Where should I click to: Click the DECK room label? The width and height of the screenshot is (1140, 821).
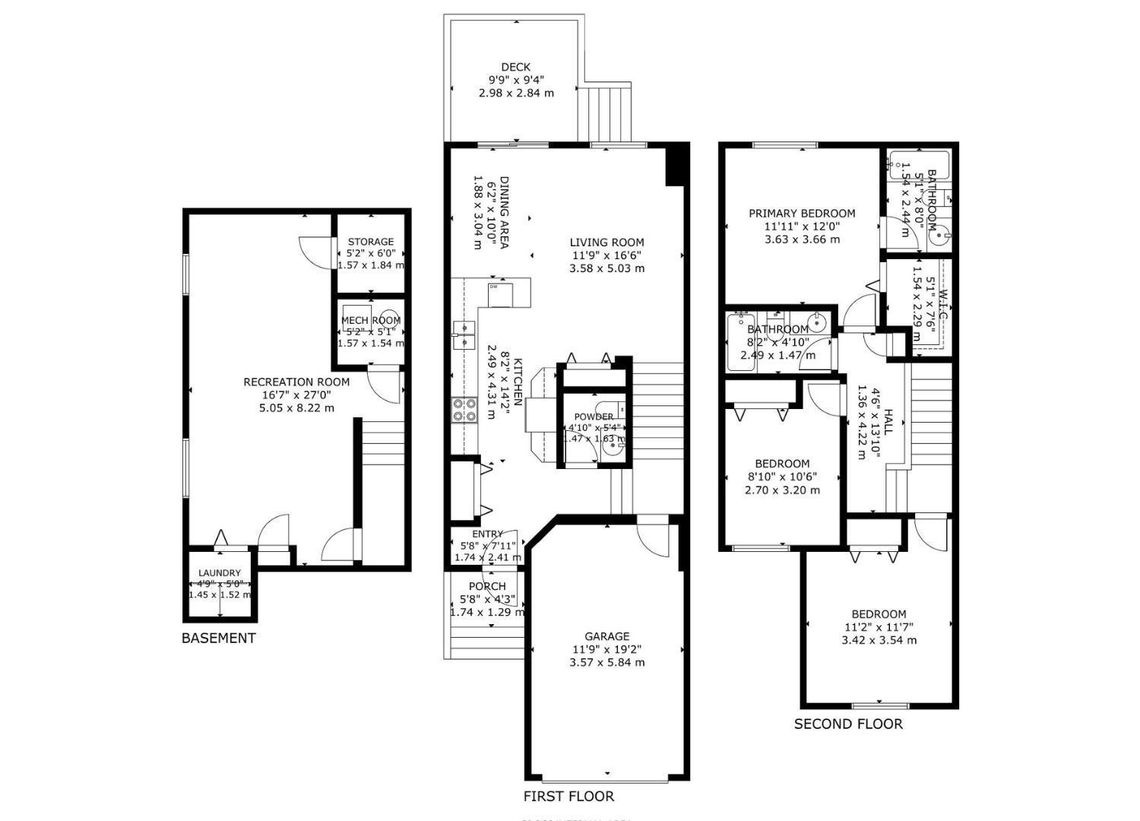(x=515, y=67)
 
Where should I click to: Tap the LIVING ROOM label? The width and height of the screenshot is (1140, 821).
(x=606, y=242)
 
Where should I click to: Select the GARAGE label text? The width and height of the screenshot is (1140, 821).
(x=606, y=636)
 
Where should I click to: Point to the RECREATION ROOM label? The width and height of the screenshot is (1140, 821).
(x=296, y=382)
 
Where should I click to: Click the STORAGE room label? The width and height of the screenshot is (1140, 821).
(x=371, y=242)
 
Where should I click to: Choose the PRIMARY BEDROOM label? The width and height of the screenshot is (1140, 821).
(x=802, y=214)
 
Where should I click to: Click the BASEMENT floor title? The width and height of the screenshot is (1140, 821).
(x=218, y=638)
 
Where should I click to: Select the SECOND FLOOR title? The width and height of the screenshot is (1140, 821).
(x=848, y=724)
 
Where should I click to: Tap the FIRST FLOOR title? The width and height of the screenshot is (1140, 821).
(x=568, y=796)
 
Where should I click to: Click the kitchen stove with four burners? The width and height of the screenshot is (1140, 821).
(x=464, y=410)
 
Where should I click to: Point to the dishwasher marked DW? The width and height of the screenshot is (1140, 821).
(x=500, y=293)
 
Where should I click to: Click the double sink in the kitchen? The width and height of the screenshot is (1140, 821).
(x=464, y=335)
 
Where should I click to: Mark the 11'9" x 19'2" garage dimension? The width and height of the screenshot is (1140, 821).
(x=606, y=649)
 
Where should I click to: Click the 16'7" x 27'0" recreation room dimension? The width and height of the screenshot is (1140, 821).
(x=296, y=395)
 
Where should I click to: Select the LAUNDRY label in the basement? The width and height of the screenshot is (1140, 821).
(x=220, y=572)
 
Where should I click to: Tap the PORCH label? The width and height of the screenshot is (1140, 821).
(x=487, y=586)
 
